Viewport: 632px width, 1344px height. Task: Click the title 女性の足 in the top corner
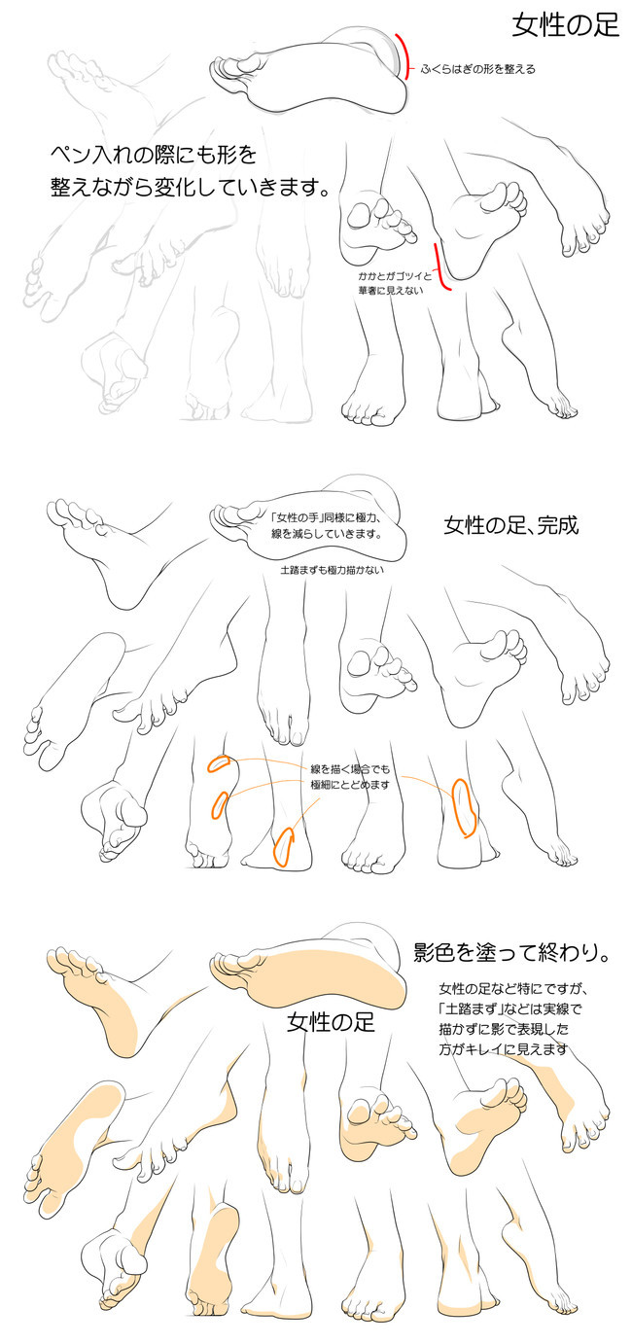tap(566, 25)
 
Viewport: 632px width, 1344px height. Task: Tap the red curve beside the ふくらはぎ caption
tap(403, 56)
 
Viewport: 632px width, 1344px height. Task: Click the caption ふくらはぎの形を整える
tap(477, 69)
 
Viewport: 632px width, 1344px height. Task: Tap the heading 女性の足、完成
tap(510, 526)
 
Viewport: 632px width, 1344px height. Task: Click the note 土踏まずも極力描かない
tap(332, 570)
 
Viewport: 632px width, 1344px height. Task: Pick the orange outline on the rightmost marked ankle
tap(465, 806)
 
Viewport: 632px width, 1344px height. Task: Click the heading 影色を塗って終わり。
tap(511, 952)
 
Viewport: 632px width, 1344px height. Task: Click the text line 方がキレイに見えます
tap(503, 1049)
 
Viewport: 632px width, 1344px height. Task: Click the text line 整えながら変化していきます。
tap(189, 186)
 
